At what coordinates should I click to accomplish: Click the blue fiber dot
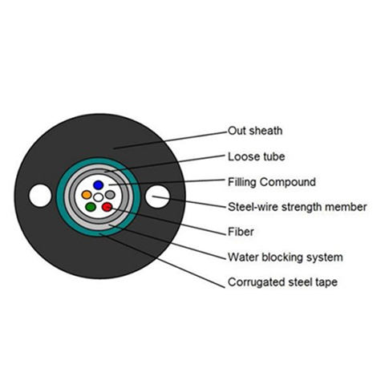[99, 184]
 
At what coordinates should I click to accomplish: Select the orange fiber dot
[87, 194]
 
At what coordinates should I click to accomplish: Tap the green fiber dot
[91, 207]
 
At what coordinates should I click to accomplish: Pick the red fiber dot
[107, 207]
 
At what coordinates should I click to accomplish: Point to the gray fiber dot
[110, 194]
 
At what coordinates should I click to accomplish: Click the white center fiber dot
[99, 197]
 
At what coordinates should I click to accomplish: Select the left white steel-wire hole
[40, 195]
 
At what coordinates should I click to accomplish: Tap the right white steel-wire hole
[157, 197]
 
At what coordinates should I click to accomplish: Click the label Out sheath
[255, 131]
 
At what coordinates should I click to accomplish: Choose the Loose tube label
[256, 156]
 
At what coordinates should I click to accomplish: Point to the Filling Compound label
[272, 182]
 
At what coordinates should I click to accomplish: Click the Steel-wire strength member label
[297, 207]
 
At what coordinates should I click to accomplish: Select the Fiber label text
[241, 232]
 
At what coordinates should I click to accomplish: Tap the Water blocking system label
[286, 257]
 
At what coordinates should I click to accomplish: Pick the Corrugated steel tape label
[282, 282]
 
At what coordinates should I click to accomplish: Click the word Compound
[287, 182]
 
